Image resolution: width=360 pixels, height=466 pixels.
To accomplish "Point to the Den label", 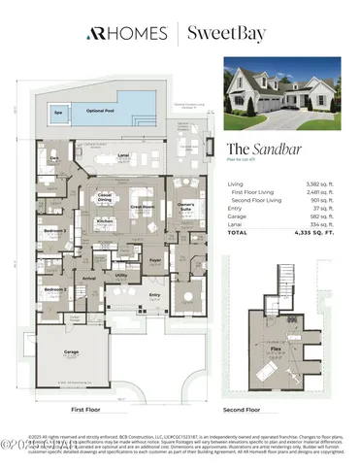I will click(x=54, y=157).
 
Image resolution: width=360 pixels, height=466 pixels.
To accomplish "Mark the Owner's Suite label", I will click(x=186, y=206).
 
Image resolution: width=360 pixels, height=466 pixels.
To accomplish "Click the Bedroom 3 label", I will click(x=55, y=230).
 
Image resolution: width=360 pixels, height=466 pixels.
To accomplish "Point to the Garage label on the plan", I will click(x=71, y=352).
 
